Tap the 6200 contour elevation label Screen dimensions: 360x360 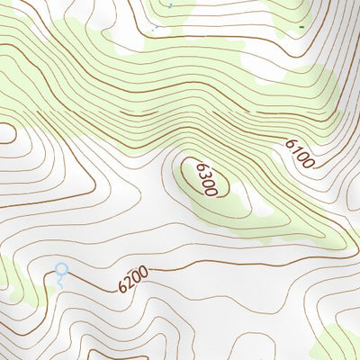click(132, 281)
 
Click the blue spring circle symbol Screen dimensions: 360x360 click(61, 268)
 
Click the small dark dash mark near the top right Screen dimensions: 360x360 click(300, 28)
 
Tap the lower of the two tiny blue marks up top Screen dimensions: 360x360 click(155, 28)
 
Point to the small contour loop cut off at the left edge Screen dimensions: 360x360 click(7, 132)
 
